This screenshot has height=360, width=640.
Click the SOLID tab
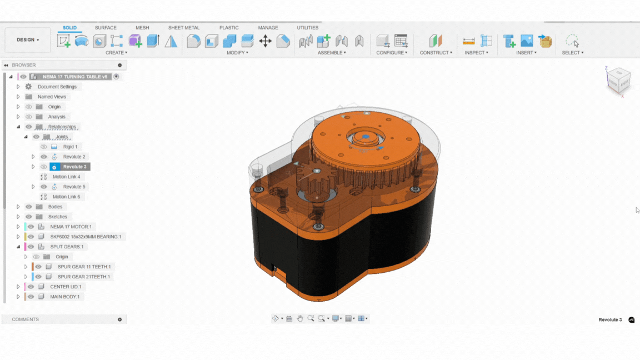click(69, 28)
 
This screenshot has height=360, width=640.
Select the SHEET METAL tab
click(184, 28)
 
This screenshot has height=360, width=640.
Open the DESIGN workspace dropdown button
click(27, 40)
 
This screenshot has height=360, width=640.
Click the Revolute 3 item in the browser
click(74, 167)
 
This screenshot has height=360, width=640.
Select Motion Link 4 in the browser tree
click(66, 177)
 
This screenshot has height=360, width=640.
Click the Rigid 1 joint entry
click(70, 147)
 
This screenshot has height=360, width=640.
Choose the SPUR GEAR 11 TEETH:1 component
click(84, 267)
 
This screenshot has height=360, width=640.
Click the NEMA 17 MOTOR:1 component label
click(71, 227)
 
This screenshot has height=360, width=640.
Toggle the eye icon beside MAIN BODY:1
click(31, 297)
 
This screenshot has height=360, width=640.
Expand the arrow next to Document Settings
click(18, 87)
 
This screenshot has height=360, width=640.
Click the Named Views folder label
click(52, 97)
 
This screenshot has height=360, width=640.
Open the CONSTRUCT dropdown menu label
click(436, 53)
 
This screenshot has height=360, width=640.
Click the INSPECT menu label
click(476, 53)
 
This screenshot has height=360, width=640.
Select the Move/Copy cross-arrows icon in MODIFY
click(265, 41)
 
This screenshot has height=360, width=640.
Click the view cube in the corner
click(618, 81)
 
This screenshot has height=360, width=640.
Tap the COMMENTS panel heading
click(26, 319)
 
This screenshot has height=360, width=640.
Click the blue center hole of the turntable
click(364, 136)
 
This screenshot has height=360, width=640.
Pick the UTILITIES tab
click(307, 28)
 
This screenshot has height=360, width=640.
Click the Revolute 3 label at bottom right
click(610, 320)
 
